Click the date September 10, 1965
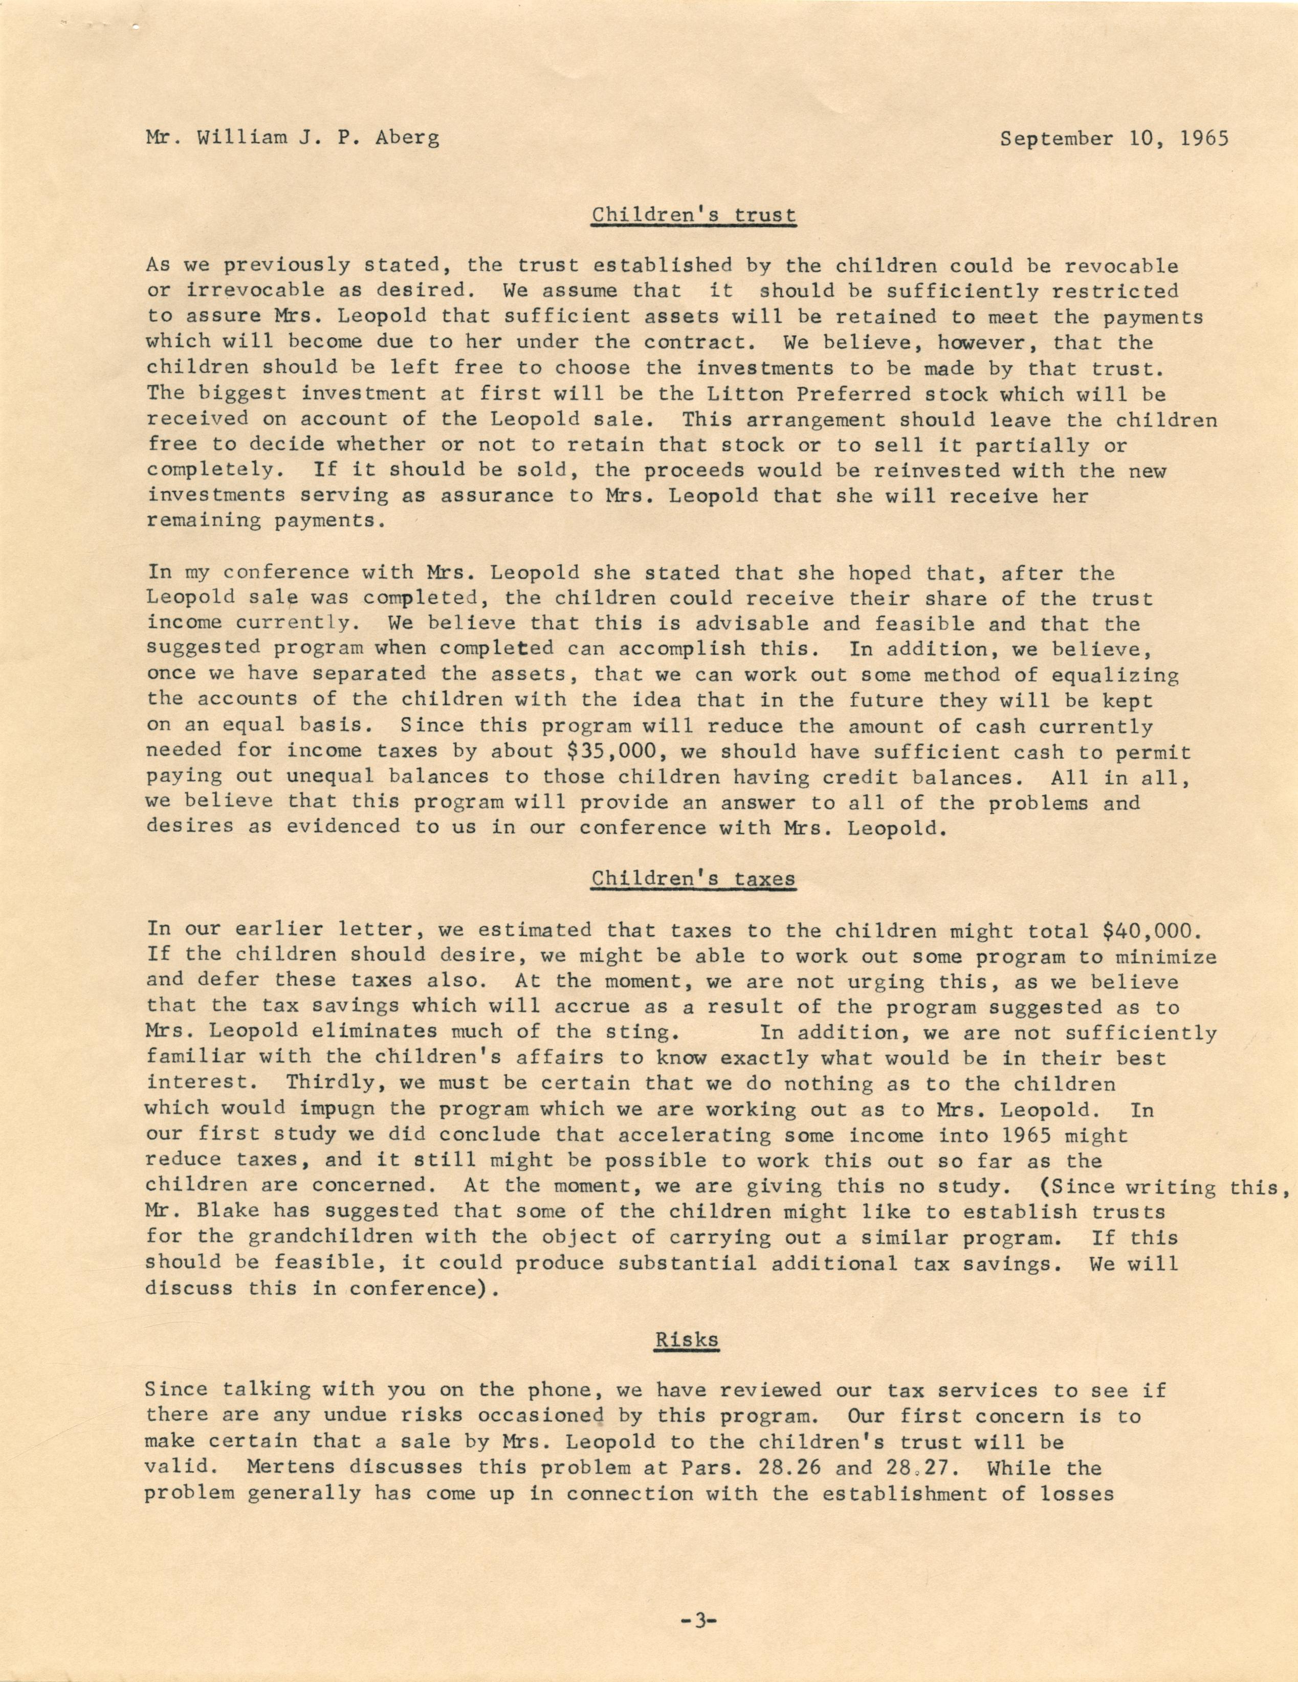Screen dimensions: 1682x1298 point(1113,139)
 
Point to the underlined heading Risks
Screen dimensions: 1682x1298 point(687,1339)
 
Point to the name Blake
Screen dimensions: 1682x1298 point(228,1211)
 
